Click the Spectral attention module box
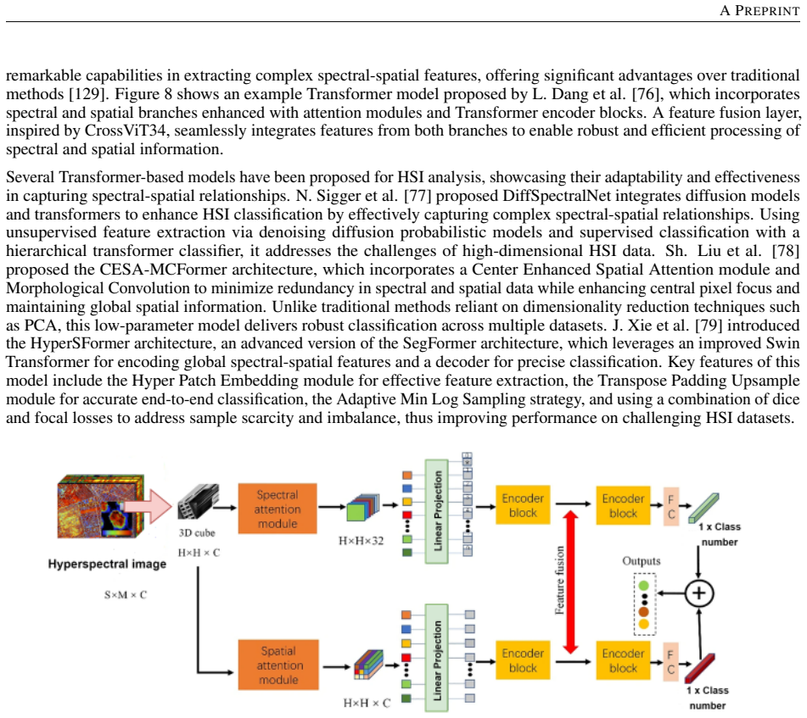(277, 509)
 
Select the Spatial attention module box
(278, 665)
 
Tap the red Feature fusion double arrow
(571, 582)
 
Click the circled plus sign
(699, 593)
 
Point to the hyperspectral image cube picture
(101, 507)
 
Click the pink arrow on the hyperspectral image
(148, 506)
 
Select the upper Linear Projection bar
(436, 511)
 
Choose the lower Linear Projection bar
(436, 658)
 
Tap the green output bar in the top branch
(704, 507)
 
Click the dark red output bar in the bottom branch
(699, 668)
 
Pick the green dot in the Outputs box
(644, 586)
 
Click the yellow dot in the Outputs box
(644, 624)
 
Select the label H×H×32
(361, 541)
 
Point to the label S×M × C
(126, 594)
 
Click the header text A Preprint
(759, 10)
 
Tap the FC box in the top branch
(671, 506)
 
